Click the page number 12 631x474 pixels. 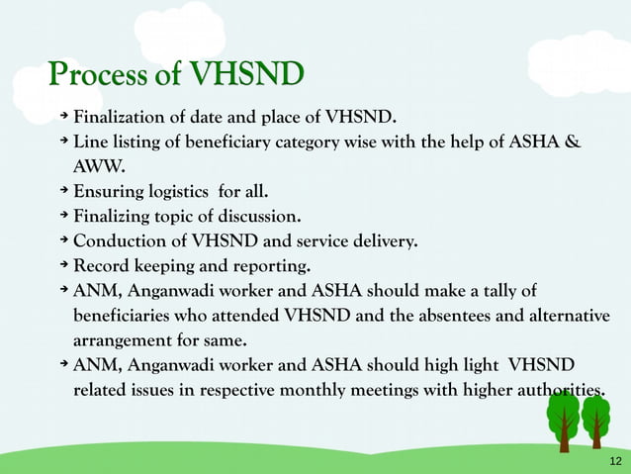pyautogui.click(x=614, y=462)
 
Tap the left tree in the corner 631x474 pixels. pyautogui.click(x=562, y=421)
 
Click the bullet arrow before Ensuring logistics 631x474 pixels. pyautogui.click(x=63, y=190)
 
